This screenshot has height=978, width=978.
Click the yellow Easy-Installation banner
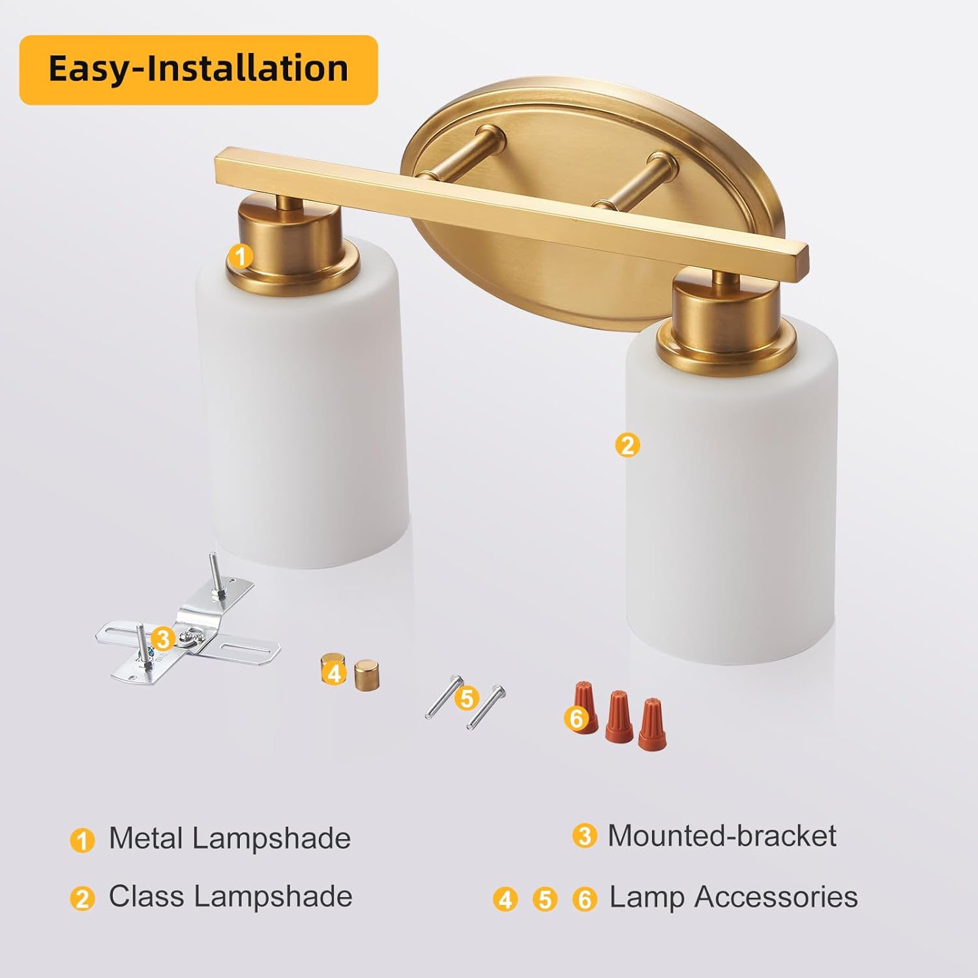(x=198, y=70)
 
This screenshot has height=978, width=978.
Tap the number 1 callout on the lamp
(x=241, y=256)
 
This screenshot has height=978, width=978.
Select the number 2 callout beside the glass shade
(x=627, y=445)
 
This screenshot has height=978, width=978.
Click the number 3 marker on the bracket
(x=162, y=638)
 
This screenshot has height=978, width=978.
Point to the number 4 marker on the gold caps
(x=334, y=672)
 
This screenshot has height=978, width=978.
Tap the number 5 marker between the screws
(x=466, y=698)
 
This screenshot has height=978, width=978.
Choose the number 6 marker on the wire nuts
(x=576, y=719)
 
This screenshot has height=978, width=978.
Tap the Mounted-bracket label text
(x=722, y=836)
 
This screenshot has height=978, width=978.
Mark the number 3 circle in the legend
(x=585, y=836)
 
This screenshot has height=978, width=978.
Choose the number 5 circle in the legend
(x=545, y=900)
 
